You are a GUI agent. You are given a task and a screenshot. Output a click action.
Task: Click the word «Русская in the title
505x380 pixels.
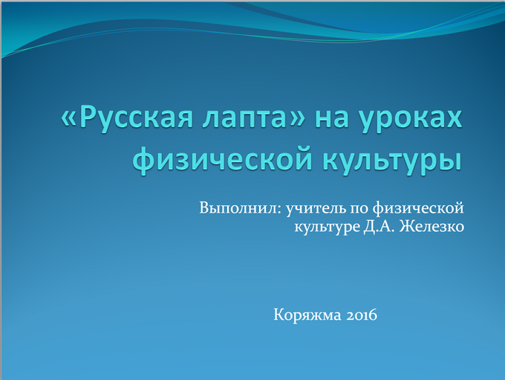click(x=127, y=117)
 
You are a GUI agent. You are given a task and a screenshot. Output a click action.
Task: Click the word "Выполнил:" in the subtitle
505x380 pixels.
click(x=241, y=208)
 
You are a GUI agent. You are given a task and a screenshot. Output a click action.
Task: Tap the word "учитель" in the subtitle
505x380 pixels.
click(x=316, y=208)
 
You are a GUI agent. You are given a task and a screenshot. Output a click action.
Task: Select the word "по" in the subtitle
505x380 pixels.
click(x=359, y=209)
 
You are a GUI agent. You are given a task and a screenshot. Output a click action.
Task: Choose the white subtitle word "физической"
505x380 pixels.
click(x=418, y=208)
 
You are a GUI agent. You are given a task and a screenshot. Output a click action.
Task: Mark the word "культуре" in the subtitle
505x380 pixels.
click(x=327, y=227)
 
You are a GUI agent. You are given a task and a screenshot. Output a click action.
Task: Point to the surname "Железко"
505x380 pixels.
click(x=432, y=227)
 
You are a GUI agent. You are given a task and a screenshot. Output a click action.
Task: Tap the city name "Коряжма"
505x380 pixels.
click(x=307, y=315)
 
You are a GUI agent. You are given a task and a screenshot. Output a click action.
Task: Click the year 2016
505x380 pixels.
click(x=362, y=315)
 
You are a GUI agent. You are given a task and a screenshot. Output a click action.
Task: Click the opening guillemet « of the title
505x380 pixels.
click(x=68, y=120)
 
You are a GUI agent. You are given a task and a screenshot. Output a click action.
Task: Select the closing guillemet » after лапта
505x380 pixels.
click(x=297, y=120)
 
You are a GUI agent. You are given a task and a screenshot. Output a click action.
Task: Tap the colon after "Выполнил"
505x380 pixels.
click(x=279, y=210)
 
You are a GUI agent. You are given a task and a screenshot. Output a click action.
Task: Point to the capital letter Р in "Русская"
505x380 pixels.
click(x=88, y=117)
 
